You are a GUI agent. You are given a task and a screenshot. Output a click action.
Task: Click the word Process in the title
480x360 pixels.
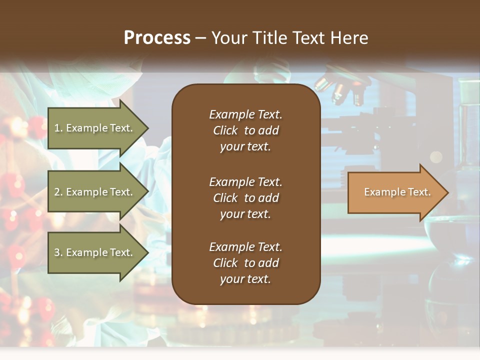pyautogui.click(x=157, y=38)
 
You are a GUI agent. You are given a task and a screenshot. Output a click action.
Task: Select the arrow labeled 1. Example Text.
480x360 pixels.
pyautogui.click(x=95, y=128)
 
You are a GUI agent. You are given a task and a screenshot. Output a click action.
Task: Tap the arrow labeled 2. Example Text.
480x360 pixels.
pyautogui.click(x=95, y=192)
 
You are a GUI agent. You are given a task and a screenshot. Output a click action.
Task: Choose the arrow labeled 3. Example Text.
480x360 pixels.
pyautogui.click(x=95, y=252)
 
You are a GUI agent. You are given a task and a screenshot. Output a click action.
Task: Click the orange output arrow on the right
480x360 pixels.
pyautogui.click(x=395, y=192)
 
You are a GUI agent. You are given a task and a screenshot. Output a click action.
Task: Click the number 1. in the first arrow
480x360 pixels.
pyautogui.click(x=58, y=128)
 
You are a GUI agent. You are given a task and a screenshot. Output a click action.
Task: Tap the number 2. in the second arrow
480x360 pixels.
pyautogui.click(x=58, y=192)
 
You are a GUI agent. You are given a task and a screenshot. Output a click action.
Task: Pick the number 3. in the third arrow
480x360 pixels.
pyautogui.click(x=58, y=252)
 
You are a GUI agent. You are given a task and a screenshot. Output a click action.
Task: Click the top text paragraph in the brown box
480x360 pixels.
pyautogui.click(x=245, y=130)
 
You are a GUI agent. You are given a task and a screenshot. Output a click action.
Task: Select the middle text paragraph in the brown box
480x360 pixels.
pyautogui.click(x=245, y=198)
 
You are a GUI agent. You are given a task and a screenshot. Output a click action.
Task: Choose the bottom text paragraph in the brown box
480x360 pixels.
pyautogui.click(x=245, y=263)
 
